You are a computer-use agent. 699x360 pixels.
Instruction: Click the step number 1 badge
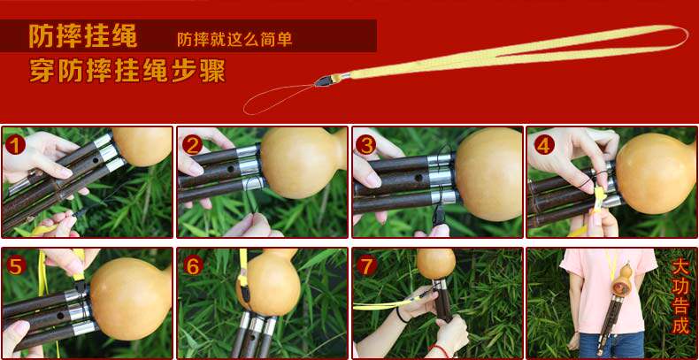click(15, 145)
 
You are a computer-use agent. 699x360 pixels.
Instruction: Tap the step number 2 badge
click(192, 145)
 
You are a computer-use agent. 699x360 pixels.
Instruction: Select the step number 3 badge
click(366, 145)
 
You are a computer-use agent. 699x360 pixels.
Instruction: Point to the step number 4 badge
click(544, 145)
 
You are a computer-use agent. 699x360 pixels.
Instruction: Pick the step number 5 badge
click(16, 266)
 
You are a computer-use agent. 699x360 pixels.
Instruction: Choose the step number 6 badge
click(193, 266)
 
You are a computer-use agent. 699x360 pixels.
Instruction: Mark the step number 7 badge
click(366, 266)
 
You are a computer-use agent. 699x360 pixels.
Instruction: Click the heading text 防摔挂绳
click(83, 35)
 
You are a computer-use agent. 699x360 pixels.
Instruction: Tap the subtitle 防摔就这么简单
click(234, 39)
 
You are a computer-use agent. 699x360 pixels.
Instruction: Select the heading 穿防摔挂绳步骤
click(127, 71)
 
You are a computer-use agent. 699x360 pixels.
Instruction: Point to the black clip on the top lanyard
click(325, 80)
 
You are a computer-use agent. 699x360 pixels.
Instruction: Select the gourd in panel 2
click(303, 163)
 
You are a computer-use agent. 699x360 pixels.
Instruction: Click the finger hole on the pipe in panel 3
click(419, 177)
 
